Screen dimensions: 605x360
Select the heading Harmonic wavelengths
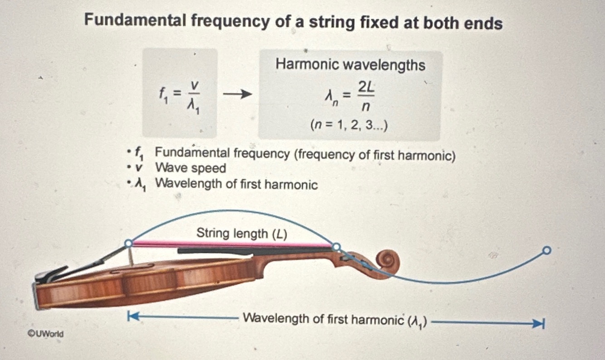pos(350,65)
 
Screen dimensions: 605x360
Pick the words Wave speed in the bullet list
pos(190,168)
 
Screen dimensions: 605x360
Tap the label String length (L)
pos(242,234)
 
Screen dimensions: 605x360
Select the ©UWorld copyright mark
pos(46,334)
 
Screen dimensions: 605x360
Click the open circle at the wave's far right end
pos(547,250)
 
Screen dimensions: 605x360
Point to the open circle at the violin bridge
pos(129,243)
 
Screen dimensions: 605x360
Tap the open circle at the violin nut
pos(336,247)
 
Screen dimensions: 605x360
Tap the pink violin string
pos(231,244)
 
